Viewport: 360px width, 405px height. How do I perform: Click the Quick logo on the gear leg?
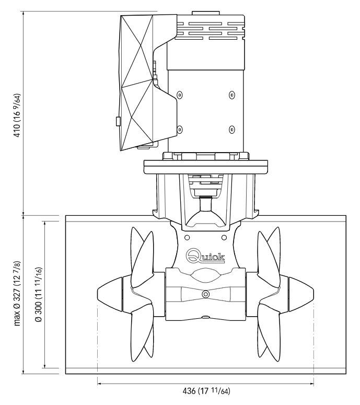pyautogui.click(x=205, y=256)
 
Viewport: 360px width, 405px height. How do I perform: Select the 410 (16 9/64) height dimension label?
pyautogui.click(x=17, y=115)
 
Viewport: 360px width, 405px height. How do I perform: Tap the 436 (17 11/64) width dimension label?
pyautogui.click(x=206, y=391)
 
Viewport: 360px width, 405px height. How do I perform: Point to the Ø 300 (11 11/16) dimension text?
pyautogui.click(x=39, y=294)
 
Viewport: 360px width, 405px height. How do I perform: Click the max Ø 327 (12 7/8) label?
pyautogui.click(x=17, y=293)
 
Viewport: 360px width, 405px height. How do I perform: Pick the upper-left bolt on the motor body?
pyautogui.click(x=180, y=95)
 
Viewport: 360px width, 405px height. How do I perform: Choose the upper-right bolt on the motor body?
pyautogui.click(x=232, y=95)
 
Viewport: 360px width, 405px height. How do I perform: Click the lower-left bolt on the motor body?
pyautogui.click(x=180, y=129)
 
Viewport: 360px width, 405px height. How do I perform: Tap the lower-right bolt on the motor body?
pyautogui.click(x=232, y=129)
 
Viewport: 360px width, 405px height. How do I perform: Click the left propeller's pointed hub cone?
pyautogui.click(x=110, y=294)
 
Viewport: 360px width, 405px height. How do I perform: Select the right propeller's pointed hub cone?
pyautogui.click(x=301, y=294)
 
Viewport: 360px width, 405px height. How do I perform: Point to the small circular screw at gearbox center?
pyautogui.click(x=205, y=294)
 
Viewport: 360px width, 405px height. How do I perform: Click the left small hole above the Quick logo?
pyautogui.click(x=187, y=237)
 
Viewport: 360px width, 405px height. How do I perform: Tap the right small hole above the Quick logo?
pyautogui.click(x=224, y=237)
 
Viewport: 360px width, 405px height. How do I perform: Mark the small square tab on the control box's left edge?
pyautogui.click(x=118, y=121)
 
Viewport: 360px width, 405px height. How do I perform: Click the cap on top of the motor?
pyautogui.click(x=205, y=13)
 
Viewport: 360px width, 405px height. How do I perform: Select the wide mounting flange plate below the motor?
pyautogui.click(x=205, y=167)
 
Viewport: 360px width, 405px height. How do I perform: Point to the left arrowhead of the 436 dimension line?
pyautogui.click(x=100, y=384)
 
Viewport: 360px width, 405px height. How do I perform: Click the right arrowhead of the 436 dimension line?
pyautogui.click(x=312, y=384)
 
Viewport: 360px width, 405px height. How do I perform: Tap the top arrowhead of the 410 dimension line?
pyautogui.click(x=24, y=14)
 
